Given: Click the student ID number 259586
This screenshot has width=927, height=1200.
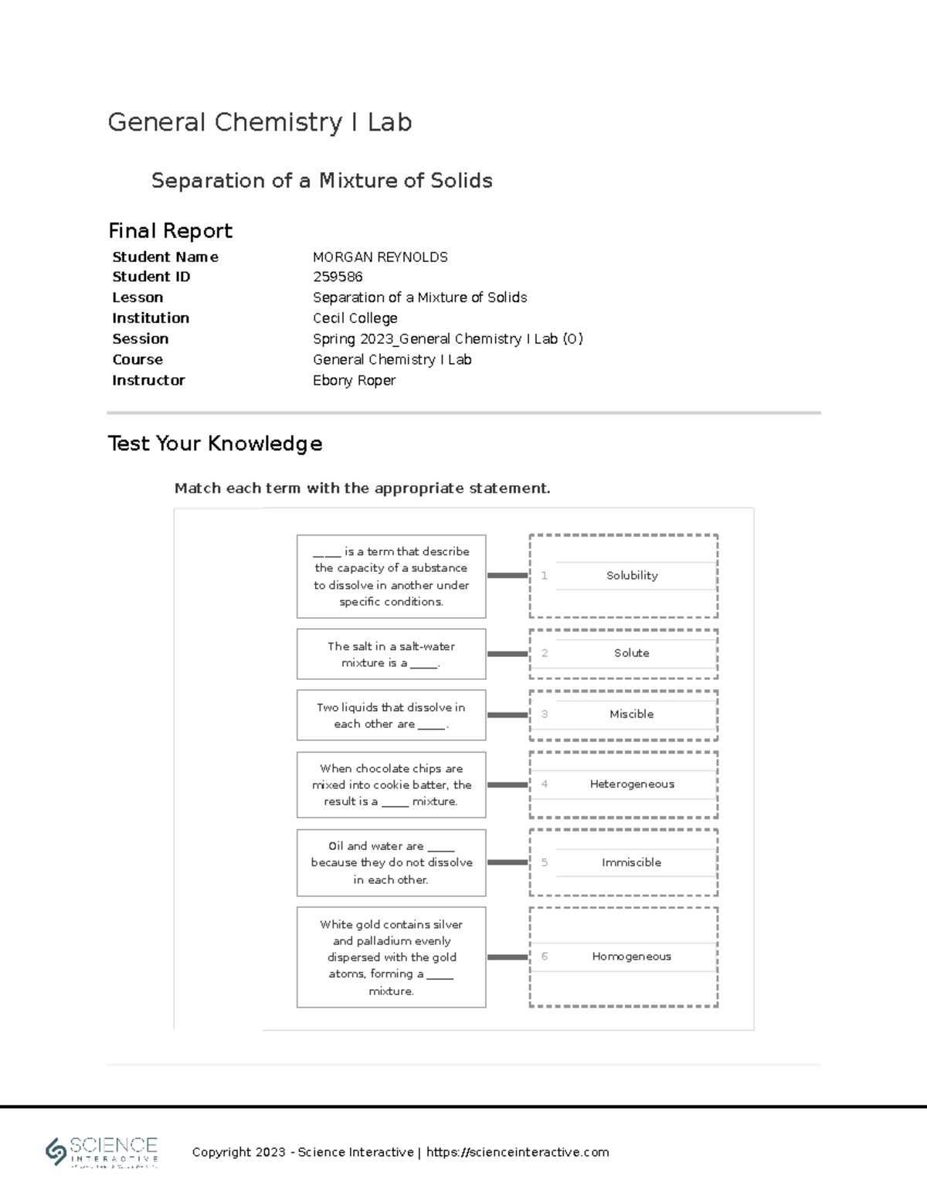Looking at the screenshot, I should tap(338, 277).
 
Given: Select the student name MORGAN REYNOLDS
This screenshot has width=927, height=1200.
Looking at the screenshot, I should tap(380, 257).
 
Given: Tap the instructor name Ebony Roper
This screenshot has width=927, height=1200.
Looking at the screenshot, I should tap(354, 380).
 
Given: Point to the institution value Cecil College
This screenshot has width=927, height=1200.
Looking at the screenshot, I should tap(355, 318).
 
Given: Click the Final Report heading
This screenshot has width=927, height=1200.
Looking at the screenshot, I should tap(170, 230).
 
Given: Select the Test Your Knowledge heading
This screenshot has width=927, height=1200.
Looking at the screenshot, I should tap(215, 444).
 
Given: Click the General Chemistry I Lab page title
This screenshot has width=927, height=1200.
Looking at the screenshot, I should tap(260, 122).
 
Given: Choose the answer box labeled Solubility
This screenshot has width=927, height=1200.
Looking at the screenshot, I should tap(631, 576).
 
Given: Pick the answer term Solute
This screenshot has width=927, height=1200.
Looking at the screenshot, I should tap(631, 653).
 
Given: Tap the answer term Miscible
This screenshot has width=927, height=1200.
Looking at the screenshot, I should tap(631, 714).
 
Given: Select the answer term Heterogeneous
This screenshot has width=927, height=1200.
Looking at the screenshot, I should tap(631, 784).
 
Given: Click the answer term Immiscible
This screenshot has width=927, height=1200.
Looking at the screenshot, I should tap(631, 862).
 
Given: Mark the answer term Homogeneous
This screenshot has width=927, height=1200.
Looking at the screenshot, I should tap(631, 957).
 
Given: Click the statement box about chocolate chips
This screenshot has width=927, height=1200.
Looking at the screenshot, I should tap(391, 784).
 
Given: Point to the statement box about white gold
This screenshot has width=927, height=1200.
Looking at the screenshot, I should tap(391, 957).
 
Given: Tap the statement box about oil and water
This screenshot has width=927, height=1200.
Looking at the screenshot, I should tap(391, 862).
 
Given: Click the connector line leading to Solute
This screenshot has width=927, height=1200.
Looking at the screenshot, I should tap(508, 654).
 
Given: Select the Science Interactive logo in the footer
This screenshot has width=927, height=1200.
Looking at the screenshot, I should tap(102, 1152).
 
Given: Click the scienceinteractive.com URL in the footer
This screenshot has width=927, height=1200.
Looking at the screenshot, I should tap(518, 1152).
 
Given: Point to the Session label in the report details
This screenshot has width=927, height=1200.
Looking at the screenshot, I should tap(140, 338).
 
